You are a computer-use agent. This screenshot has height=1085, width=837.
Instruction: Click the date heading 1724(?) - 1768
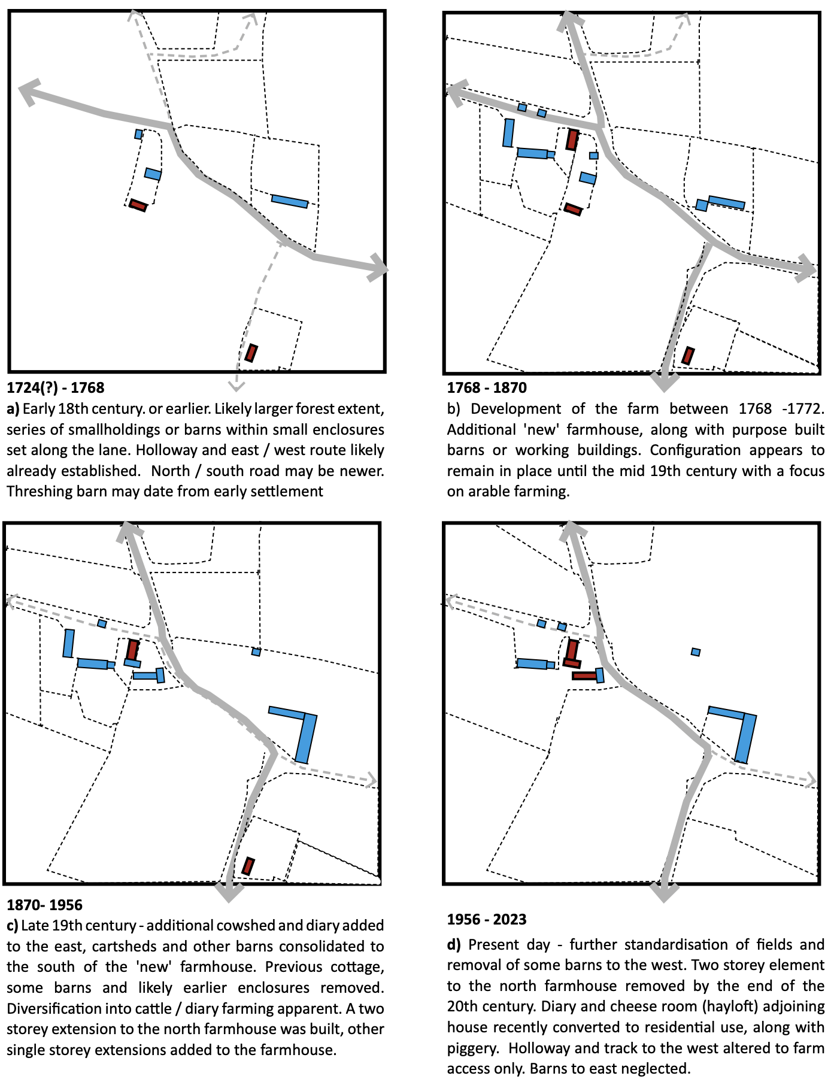pyautogui.click(x=56, y=387)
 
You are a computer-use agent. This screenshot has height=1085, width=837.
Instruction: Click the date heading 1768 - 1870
pyautogui.click(x=487, y=387)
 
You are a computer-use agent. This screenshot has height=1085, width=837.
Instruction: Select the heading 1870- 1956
pyautogui.click(x=45, y=904)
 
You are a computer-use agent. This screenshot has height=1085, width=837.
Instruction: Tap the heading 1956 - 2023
pyautogui.click(x=487, y=919)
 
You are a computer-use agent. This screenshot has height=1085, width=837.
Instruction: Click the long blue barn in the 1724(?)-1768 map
pyautogui.click(x=290, y=201)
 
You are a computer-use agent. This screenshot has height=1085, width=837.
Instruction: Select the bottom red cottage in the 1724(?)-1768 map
pyautogui.click(x=251, y=353)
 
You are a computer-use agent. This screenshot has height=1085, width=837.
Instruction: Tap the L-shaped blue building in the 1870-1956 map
pyautogui.click(x=304, y=734)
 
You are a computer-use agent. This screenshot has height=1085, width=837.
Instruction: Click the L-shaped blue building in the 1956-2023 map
pyautogui.click(x=744, y=734)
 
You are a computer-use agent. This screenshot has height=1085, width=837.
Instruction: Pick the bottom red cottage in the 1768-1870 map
pyautogui.click(x=689, y=356)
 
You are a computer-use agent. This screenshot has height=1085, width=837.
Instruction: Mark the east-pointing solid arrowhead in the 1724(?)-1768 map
pyautogui.click(x=378, y=268)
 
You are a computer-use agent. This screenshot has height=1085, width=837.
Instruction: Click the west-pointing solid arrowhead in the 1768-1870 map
pyautogui.click(x=456, y=92)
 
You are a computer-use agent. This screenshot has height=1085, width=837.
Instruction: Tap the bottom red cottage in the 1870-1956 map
pyautogui.click(x=248, y=866)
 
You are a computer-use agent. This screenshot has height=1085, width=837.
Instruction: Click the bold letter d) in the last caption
pyautogui.click(x=453, y=945)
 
